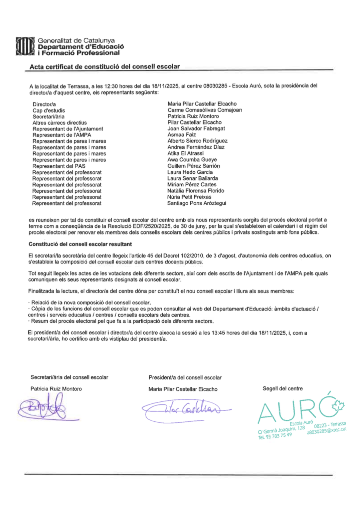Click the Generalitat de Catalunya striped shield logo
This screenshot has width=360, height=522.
coord(25,46)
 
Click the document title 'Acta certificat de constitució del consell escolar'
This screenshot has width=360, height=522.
coord(105,66)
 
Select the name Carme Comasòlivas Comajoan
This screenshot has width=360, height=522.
coord(205,110)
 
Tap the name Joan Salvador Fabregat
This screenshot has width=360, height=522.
coord(196,128)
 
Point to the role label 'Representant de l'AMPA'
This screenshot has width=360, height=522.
coord(62,135)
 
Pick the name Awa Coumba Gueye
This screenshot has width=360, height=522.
coord(192,160)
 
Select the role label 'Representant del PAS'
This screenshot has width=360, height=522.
coord(59,166)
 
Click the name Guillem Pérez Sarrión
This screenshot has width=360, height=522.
coord(193,166)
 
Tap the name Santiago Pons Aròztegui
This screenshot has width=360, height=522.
coord(197,203)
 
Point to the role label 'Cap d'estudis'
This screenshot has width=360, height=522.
coord(49,111)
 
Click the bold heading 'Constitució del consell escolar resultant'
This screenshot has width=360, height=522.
coord(80,244)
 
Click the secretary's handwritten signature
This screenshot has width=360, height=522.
coord(43,408)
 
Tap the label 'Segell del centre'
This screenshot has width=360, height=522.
coord(283,388)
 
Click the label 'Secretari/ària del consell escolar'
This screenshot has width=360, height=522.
coord(69,377)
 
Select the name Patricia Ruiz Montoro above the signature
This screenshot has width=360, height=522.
coord(56,389)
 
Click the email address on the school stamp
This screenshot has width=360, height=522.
coord(327,430)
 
